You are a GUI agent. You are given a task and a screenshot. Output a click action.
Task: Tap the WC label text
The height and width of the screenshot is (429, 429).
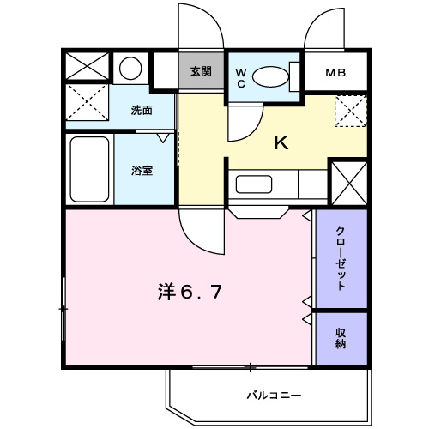pos(241,76)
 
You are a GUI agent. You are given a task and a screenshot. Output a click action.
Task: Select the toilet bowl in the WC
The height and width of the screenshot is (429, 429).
pos(272,76)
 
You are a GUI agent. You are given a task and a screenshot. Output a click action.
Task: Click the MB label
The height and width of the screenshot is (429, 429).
pos(335,73)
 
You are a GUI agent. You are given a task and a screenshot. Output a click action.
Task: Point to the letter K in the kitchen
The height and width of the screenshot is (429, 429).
pos(281,143)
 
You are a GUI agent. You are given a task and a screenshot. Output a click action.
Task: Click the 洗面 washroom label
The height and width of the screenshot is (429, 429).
pos(142,111)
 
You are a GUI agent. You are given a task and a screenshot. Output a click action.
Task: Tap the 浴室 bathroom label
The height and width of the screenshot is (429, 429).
pos(142,171)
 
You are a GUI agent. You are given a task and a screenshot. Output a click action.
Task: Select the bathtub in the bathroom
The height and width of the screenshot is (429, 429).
pos(88,169)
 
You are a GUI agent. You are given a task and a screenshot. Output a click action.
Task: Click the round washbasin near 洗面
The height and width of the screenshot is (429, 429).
pos(130,68)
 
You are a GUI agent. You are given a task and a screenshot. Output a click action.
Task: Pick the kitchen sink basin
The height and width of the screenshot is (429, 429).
pos(253,184)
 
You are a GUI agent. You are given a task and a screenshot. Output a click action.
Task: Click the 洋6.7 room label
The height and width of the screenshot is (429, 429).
pos(190,292)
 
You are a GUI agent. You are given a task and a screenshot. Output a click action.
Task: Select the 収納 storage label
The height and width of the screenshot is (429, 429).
pos(341,338)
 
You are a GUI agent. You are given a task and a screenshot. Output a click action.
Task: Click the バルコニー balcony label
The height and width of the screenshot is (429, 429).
pos(274,396)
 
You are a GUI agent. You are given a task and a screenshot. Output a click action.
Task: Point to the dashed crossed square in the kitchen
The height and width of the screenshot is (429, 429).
pos(350,112)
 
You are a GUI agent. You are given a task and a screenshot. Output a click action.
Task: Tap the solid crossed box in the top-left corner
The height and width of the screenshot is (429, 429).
pos(88,67)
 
